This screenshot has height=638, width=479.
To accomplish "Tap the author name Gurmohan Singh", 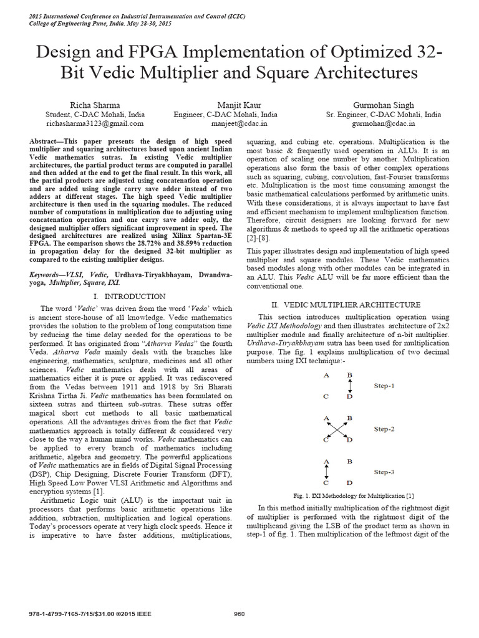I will pyautogui.click(x=383, y=105).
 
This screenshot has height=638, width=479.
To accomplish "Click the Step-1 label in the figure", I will pyautogui.click(x=384, y=386).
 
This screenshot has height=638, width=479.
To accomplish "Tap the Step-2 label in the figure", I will pyautogui.click(x=384, y=429).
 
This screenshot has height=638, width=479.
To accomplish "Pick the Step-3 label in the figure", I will pyautogui.click(x=384, y=472).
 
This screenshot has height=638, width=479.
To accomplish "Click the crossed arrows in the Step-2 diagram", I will pyautogui.click(x=337, y=429).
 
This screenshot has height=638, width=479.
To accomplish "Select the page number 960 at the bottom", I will pyautogui.click(x=239, y=613).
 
